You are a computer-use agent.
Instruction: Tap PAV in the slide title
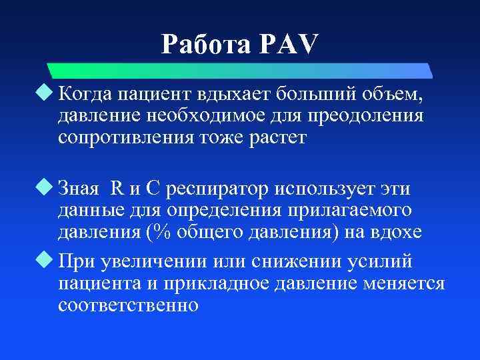(x=288, y=45)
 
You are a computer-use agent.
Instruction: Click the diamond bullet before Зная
(x=46, y=187)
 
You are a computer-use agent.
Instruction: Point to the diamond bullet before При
(x=46, y=259)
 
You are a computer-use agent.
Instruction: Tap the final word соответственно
(x=128, y=305)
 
